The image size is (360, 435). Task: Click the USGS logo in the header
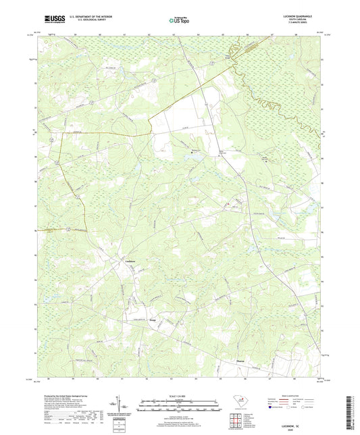pyautogui.click(x=53, y=20)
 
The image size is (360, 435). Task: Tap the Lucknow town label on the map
pyautogui.click(x=131, y=261)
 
